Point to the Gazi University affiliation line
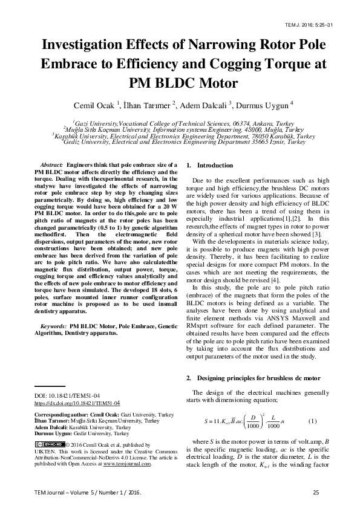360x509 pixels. [x=180, y=123]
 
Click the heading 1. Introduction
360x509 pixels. [x=208, y=165]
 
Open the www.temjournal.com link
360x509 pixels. [x=127, y=464]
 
